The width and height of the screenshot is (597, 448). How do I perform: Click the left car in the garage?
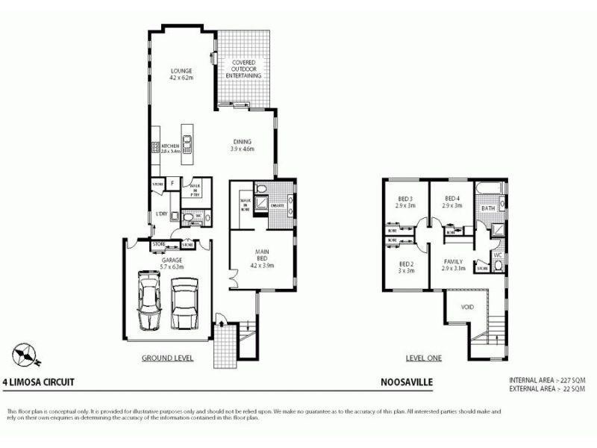[x=151, y=302]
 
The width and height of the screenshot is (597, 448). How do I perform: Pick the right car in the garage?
[x=184, y=303]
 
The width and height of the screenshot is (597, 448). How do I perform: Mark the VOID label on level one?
[x=468, y=307]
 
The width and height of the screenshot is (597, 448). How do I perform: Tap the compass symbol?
[x=25, y=352]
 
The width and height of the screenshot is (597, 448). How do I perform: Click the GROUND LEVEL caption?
[x=168, y=358]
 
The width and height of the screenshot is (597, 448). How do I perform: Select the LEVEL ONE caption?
[x=423, y=358]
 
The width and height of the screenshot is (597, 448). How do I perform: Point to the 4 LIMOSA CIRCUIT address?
[x=38, y=381]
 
